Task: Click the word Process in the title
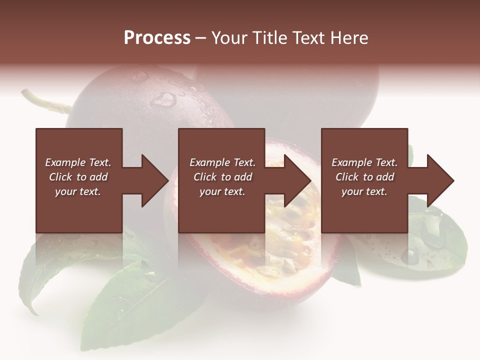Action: click(157, 38)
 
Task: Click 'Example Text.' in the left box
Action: click(78, 162)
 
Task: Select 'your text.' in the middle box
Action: click(222, 191)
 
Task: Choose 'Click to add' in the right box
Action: click(364, 177)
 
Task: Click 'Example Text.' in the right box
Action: click(364, 162)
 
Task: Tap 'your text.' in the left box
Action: click(78, 191)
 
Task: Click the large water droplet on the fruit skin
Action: click(163, 99)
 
